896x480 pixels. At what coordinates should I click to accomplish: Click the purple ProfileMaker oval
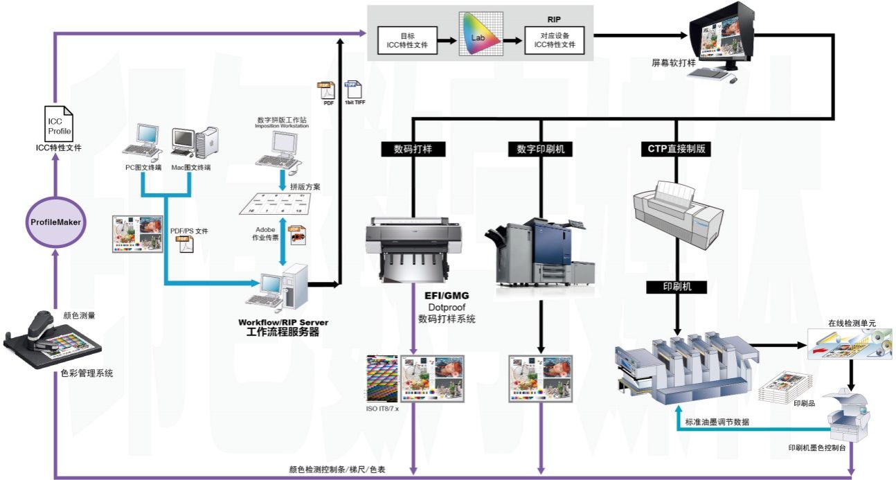[57, 222]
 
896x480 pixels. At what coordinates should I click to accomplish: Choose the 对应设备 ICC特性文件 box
[554, 42]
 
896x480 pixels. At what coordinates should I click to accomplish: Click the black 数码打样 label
[413, 148]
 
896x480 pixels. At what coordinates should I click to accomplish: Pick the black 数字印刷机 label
[540, 148]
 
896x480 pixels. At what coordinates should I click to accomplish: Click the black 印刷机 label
[677, 286]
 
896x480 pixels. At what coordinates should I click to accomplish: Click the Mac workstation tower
[206, 143]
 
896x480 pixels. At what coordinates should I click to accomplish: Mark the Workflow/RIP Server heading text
[283, 322]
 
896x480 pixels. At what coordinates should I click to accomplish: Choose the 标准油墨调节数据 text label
[716, 422]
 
